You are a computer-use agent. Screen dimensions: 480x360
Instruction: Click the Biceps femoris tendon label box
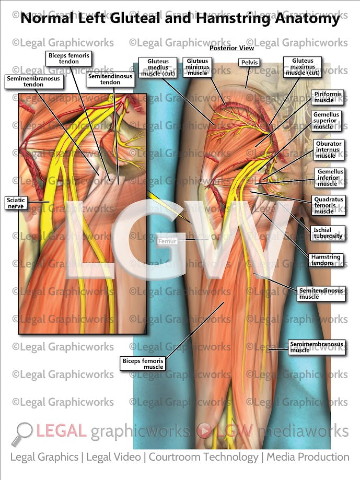click(x=69, y=58)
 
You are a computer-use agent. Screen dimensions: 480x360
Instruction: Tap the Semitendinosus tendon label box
click(x=110, y=79)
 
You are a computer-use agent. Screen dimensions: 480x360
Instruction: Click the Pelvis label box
click(x=248, y=62)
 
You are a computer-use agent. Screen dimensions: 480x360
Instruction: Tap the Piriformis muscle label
click(x=328, y=97)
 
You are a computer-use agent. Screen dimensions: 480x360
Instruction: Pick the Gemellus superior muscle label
click(x=327, y=120)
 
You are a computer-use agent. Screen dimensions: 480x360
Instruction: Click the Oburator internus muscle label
click(x=329, y=149)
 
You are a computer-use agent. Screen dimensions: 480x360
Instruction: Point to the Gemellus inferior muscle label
click(x=331, y=178)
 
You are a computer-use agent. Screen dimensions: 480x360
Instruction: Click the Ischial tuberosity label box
click(x=329, y=233)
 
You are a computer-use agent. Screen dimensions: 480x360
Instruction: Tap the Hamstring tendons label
click(x=326, y=260)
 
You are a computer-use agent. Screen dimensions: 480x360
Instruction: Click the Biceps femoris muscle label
click(x=143, y=364)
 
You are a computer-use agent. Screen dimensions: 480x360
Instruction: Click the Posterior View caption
click(x=231, y=48)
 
